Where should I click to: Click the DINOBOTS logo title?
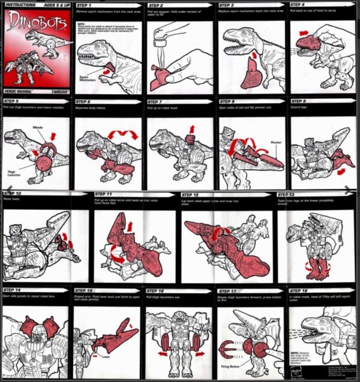37,23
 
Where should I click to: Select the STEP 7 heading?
156,102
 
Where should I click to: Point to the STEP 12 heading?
191,195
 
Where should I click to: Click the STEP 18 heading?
299,290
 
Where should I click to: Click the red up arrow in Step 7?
191,128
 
